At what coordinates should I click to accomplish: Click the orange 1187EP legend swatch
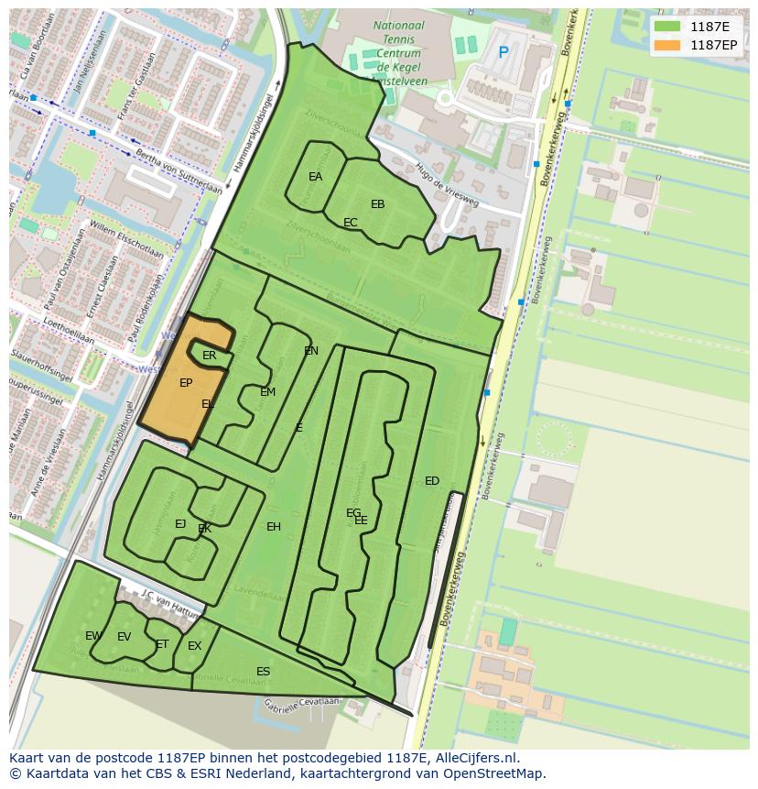coord(668,45)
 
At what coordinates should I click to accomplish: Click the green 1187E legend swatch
coord(668,27)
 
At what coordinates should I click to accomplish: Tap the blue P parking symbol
coord(503,53)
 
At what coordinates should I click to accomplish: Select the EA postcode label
coord(315,177)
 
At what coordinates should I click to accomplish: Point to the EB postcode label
coord(377,204)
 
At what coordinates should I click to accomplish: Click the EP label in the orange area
coord(186,383)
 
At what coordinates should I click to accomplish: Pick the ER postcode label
coord(209,356)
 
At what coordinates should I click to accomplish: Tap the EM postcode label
coord(267,392)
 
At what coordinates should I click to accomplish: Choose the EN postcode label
coord(311,351)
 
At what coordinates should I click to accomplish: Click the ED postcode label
coord(432,481)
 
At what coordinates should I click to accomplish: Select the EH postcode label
coord(274,527)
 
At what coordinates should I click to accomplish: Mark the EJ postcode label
coord(180,524)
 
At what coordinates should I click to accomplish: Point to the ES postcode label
coord(263,672)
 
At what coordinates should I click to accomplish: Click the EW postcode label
coord(93,636)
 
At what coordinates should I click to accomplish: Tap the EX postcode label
coord(194,646)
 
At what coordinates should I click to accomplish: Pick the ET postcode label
coord(162,644)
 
